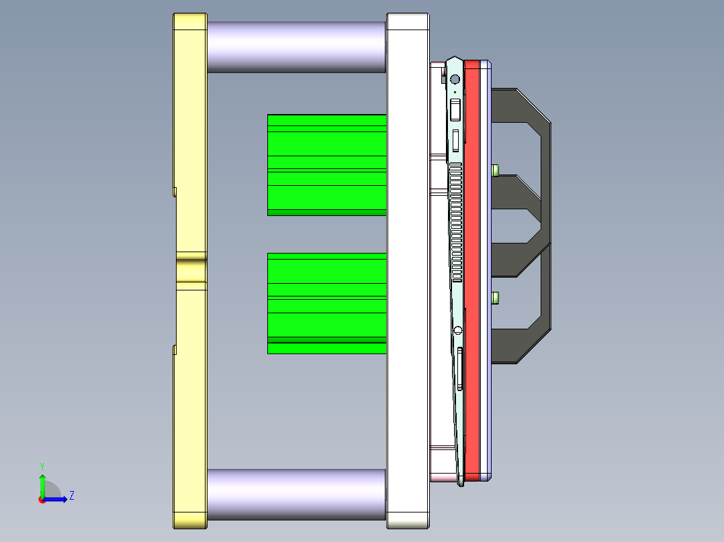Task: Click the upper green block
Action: click(326, 164)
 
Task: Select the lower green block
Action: click(326, 303)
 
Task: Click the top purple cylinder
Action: click(296, 47)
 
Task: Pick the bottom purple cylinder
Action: click(296, 494)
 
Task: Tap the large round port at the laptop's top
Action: click(455, 79)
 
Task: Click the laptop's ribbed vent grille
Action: click(456, 221)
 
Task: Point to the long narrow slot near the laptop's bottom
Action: click(459, 368)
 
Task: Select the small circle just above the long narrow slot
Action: click(458, 330)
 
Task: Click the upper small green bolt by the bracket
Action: click(496, 170)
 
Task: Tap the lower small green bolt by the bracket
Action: click(496, 297)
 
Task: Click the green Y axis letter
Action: click(42, 466)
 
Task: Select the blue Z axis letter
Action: click(71, 496)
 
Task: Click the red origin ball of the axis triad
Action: click(42, 499)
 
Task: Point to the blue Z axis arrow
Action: click(58, 499)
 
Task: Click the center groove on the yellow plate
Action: click(191, 270)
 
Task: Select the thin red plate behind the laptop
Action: click(473, 268)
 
